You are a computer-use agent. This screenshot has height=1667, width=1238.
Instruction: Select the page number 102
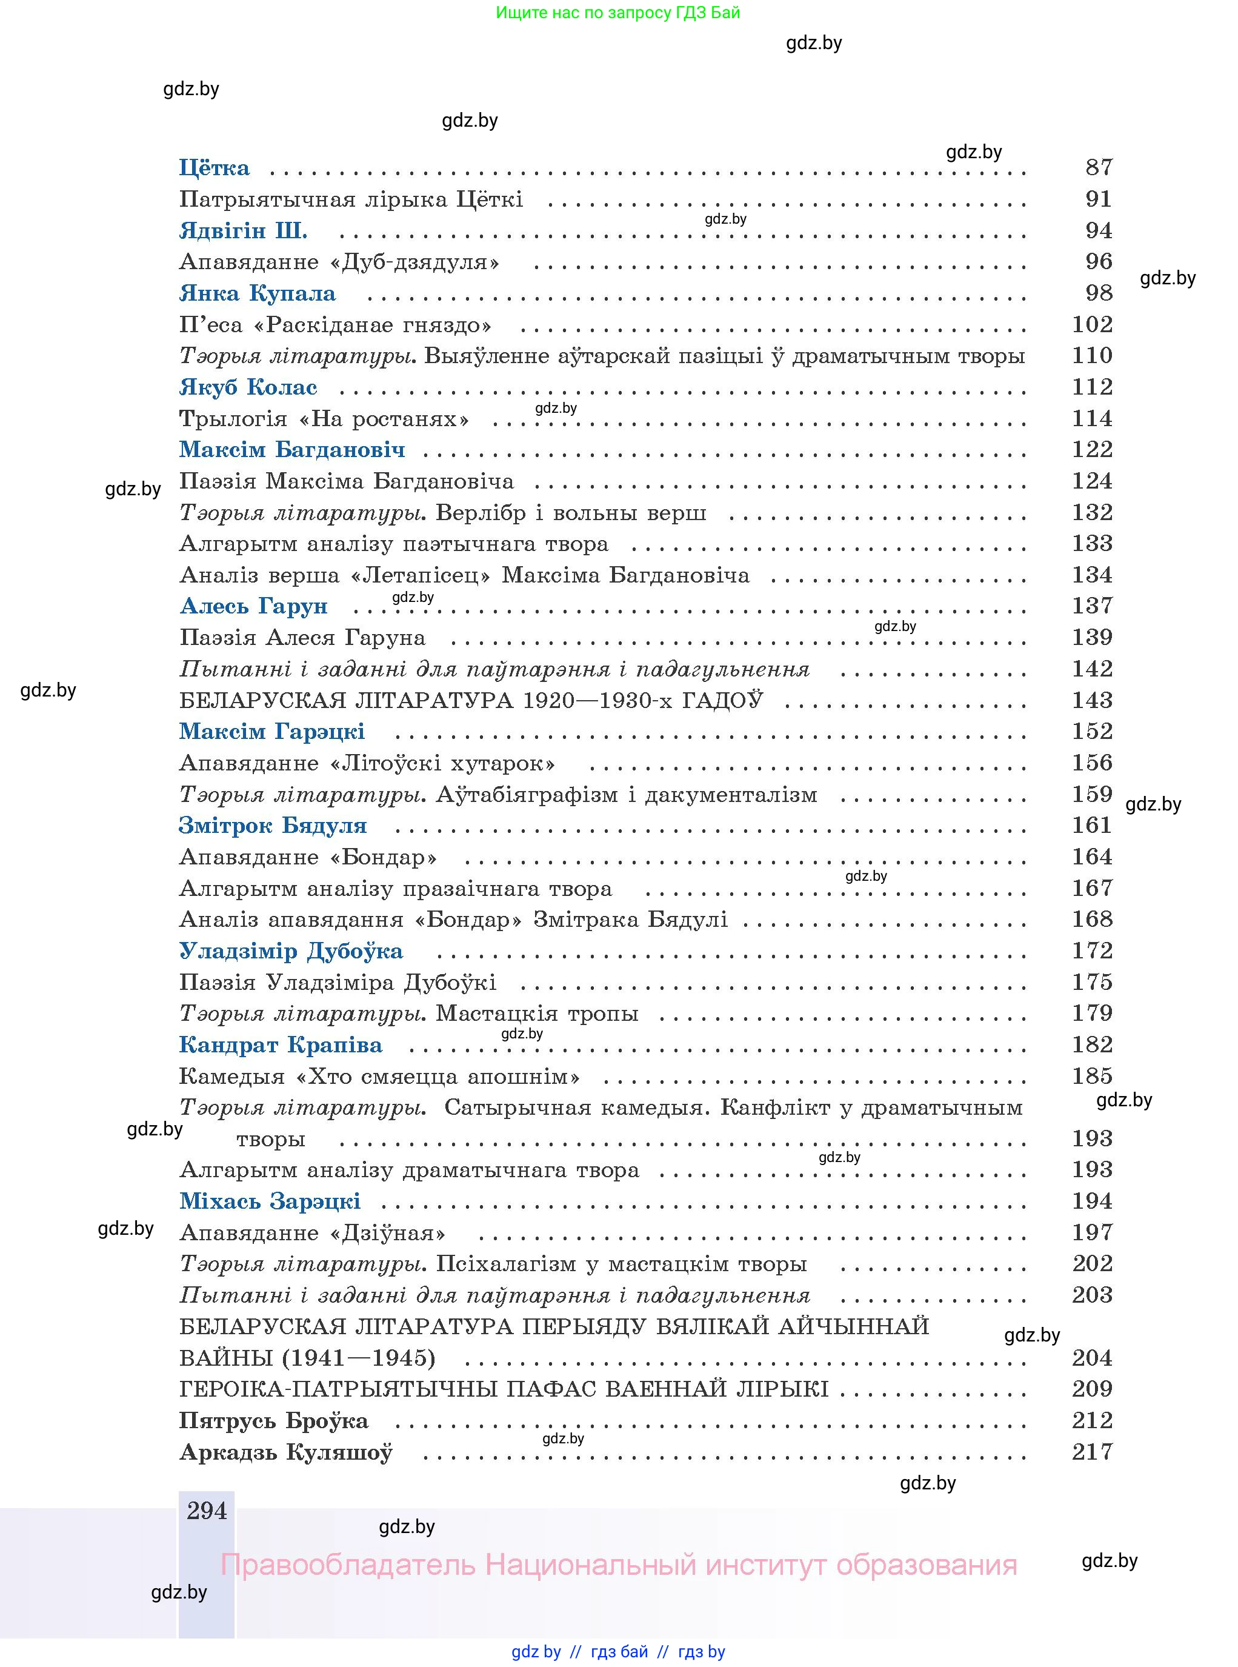pos(1092,324)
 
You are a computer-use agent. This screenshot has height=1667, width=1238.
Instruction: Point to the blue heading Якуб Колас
pos(248,387)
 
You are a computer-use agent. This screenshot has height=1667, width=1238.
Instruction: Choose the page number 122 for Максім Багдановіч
pos(1092,450)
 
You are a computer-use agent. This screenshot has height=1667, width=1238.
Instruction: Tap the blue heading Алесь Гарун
pos(254,606)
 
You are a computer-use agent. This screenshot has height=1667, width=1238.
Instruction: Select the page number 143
pos(1092,701)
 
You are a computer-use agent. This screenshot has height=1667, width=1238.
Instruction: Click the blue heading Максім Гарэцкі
pos(272,732)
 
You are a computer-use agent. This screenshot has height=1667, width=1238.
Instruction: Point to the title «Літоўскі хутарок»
pos(442,764)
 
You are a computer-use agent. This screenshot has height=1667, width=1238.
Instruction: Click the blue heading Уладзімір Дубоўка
pos(291,951)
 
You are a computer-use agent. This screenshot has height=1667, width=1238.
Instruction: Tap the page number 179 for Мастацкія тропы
pos(1092,1014)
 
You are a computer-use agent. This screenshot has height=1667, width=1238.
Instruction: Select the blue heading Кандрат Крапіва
pos(281,1045)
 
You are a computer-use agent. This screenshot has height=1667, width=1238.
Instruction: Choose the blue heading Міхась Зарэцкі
pos(270,1201)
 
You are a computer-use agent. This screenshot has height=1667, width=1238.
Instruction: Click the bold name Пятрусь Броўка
pos(273,1421)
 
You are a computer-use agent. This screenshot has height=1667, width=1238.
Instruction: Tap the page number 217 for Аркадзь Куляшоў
pos(1092,1452)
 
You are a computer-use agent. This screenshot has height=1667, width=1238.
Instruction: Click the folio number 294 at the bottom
pos(207,1511)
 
